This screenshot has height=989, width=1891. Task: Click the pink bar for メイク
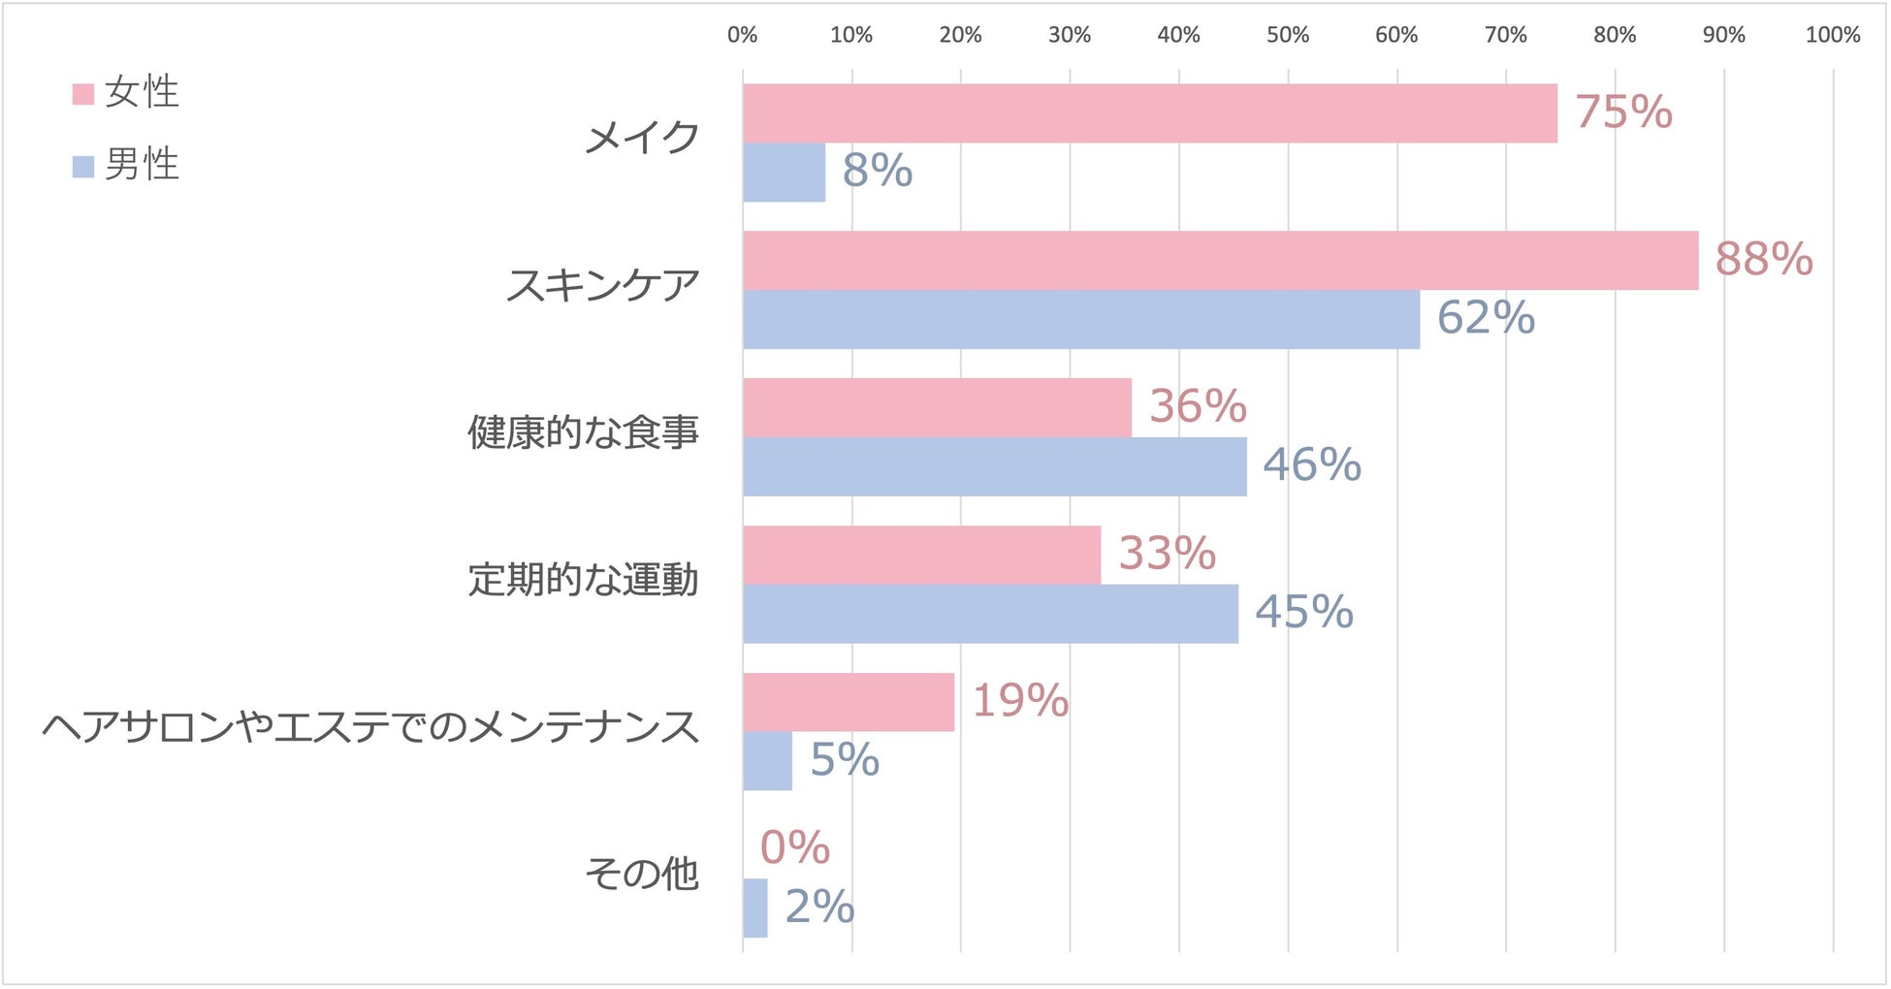coord(1149,113)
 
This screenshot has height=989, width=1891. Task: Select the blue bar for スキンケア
coord(1081,320)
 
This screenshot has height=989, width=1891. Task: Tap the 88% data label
coord(1763,260)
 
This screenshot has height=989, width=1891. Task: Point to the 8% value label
coord(877,172)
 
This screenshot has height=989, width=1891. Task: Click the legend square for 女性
coord(83,94)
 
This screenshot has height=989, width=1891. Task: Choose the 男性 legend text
coord(142,165)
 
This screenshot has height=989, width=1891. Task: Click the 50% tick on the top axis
coord(1287,36)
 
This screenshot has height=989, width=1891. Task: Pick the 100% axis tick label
coord(1831,36)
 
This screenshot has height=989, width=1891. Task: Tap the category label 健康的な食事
coord(583,432)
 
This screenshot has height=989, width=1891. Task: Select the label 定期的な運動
coord(583,580)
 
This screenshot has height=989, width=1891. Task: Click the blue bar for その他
coord(754,909)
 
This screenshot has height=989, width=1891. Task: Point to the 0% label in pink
coord(794,848)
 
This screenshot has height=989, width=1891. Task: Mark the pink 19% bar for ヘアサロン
coord(849,702)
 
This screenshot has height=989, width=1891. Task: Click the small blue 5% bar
coord(767,761)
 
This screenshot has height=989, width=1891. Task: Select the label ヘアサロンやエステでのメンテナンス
coord(370,727)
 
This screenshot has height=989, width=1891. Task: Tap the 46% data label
coord(1311,465)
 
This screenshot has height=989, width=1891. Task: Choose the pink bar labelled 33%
coord(921,556)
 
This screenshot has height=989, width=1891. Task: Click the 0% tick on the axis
coord(742,36)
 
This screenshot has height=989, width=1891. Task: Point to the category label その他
coord(641,875)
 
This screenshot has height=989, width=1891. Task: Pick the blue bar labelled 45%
coord(990,614)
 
